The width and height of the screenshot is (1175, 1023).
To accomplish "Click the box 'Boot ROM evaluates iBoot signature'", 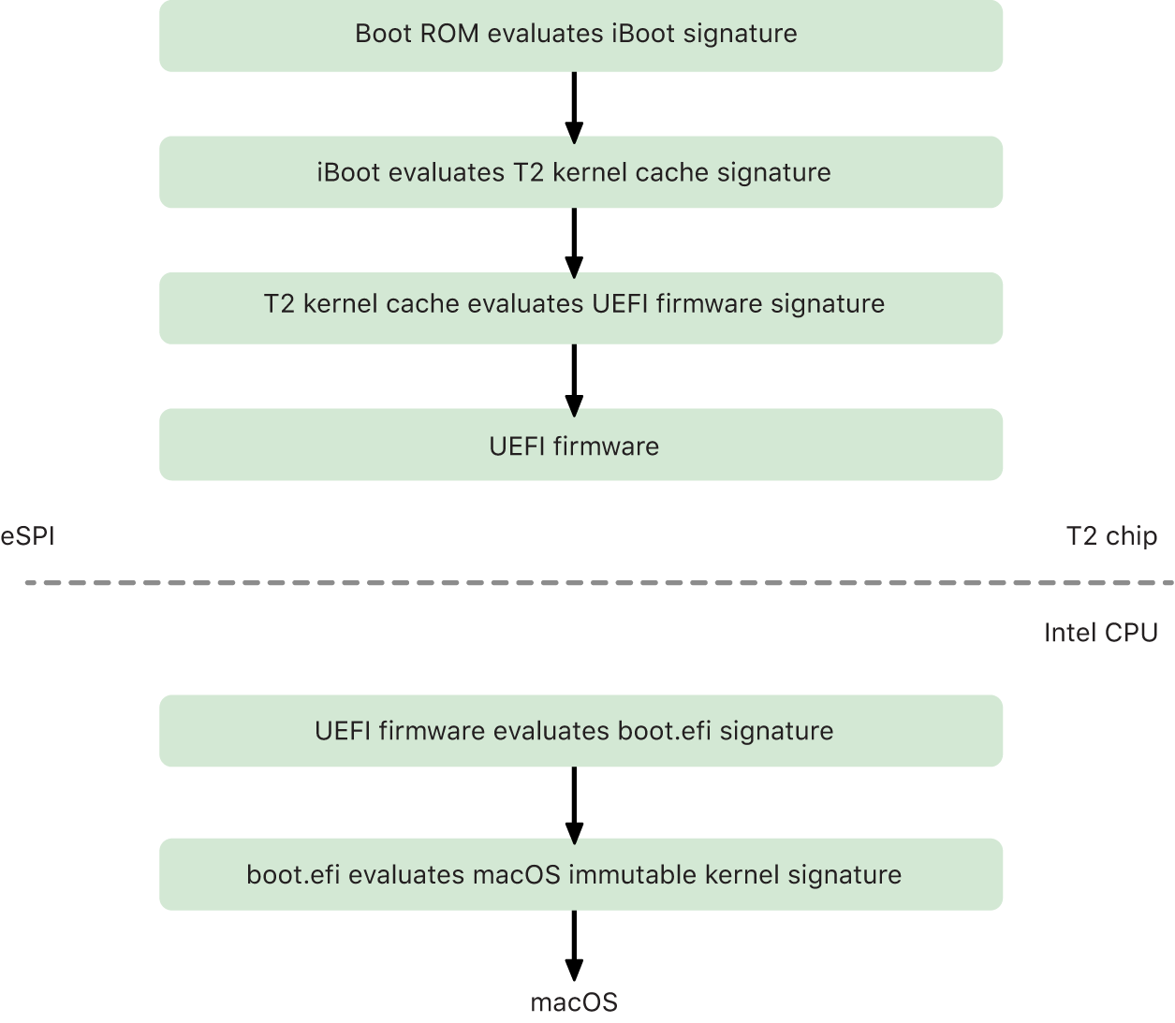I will pyautogui.click(x=580, y=36).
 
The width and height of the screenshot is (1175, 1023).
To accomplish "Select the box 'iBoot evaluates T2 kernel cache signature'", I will pyautogui.click(x=580, y=172).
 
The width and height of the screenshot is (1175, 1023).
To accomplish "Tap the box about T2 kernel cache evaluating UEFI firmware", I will pyautogui.click(x=580, y=307).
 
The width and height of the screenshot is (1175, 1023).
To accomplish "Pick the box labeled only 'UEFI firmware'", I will pyautogui.click(x=580, y=445).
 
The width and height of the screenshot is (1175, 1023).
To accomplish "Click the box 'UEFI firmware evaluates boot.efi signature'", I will pyautogui.click(x=580, y=730).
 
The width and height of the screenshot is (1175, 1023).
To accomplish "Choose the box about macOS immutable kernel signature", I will pyautogui.click(x=580, y=874).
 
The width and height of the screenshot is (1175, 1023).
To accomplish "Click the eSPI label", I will pyautogui.click(x=28, y=536).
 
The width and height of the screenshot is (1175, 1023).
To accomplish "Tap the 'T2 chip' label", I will pyautogui.click(x=1111, y=536).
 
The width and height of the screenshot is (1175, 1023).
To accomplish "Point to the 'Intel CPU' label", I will pyautogui.click(x=1100, y=633).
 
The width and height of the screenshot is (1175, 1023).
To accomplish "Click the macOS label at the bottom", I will pyautogui.click(x=574, y=1002).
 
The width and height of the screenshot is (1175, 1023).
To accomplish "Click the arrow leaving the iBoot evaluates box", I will pyautogui.click(x=574, y=241).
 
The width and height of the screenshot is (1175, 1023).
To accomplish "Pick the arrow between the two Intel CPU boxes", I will pyautogui.click(x=574, y=803).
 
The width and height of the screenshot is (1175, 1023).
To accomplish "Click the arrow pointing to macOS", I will pyautogui.click(x=574, y=945).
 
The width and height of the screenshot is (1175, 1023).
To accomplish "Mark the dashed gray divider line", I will pyautogui.click(x=599, y=583).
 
